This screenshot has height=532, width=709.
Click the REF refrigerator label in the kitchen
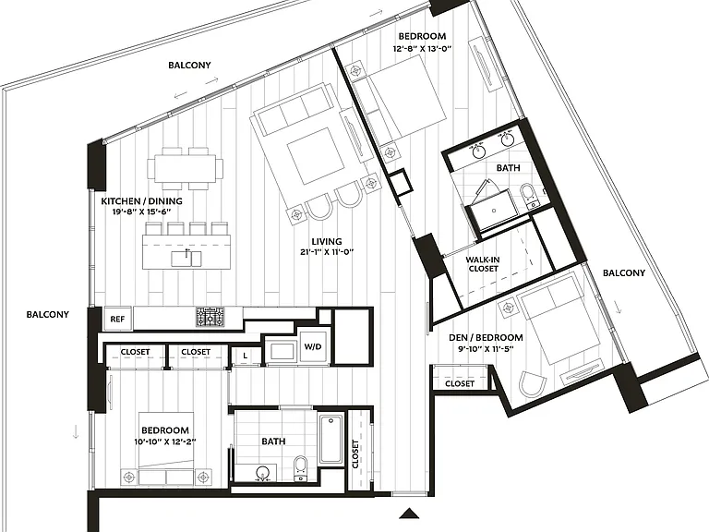point(117,319)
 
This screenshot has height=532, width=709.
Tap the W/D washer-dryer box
point(313,347)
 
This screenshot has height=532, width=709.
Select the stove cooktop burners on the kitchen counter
point(210,317)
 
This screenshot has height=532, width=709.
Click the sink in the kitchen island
point(186,258)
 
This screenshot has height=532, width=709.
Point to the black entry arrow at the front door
point(410,513)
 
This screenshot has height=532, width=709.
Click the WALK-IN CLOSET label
point(483,264)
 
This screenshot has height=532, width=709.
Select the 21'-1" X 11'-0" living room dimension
point(327,252)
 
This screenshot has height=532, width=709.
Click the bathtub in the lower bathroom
point(331,440)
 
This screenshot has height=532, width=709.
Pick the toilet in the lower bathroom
point(300,467)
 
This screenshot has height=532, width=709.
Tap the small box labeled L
point(245,356)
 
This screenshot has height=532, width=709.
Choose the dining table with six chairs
point(185,168)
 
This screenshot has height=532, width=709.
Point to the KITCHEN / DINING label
point(141,200)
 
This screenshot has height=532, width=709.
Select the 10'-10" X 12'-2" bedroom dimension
point(165,441)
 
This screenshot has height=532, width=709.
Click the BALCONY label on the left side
point(47,314)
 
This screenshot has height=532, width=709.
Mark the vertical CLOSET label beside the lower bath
point(355,453)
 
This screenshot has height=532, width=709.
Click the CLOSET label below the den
point(460,383)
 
